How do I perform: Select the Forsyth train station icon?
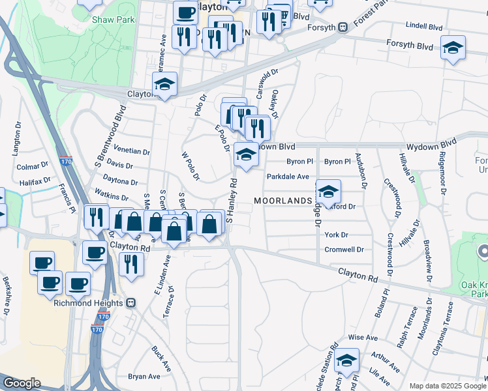tap(342, 27)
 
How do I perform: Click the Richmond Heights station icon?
tap(130, 303)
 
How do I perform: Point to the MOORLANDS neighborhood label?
tap(282, 201)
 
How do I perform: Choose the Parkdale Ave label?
tap(287, 177)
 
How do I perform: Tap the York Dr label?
tap(336, 235)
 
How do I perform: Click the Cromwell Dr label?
tap(343, 250)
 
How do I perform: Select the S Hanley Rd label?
tap(230, 201)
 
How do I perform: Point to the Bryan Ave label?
tap(144, 377)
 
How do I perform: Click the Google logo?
tap(22, 383)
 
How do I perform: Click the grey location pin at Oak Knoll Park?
tap(483, 250)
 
